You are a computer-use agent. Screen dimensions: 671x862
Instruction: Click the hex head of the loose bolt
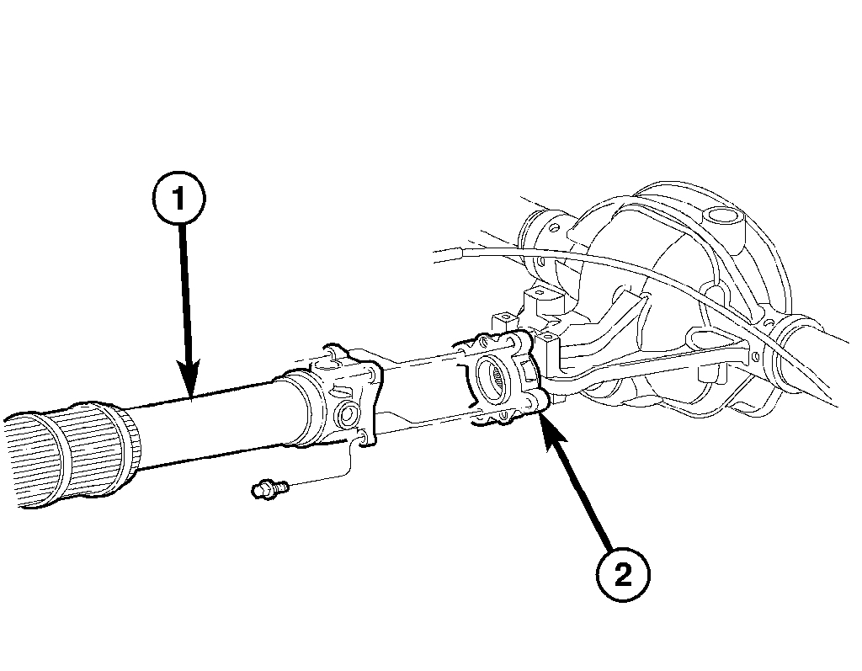pos(262,488)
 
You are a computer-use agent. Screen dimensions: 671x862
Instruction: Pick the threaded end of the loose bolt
pos(283,485)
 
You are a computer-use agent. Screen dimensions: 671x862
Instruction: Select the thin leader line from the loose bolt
pos(337,476)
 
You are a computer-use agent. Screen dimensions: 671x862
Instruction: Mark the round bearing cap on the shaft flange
pos(344,415)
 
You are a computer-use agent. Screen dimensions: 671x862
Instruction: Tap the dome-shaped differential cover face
pos(673,253)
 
